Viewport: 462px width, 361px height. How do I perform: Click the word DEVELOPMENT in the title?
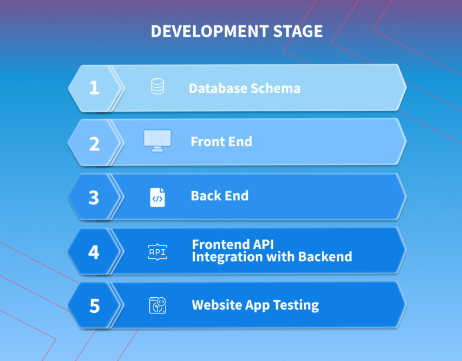pyautogui.click(x=209, y=31)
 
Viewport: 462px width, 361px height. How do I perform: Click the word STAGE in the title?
pyautogui.click(x=298, y=31)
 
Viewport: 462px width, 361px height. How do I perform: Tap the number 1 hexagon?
pyautogui.click(x=94, y=88)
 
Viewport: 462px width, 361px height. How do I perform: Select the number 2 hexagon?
pyautogui.click(x=94, y=143)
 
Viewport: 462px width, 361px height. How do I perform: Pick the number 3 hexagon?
pyautogui.click(x=94, y=197)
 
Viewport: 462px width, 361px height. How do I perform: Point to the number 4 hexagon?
pyautogui.click(x=94, y=251)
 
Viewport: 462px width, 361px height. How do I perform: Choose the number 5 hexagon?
pyautogui.click(x=94, y=305)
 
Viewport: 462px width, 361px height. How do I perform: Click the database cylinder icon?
pyautogui.click(x=158, y=86)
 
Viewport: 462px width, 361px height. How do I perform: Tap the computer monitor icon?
pyautogui.click(x=158, y=141)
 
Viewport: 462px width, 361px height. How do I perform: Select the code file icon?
pyautogui.click(x=158, y=197)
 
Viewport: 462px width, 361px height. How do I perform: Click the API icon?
pyautogui.click(x=158, y=252)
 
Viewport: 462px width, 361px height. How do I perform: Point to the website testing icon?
pyautogui.click(x=158, y=305)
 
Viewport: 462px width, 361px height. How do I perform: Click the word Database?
pyautogui.click(x=218, y=88)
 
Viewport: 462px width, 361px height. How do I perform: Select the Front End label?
pyautogui.click(x=221, y=142)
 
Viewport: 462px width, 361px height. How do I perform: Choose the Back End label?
pyautogui.click(x=220, y=196)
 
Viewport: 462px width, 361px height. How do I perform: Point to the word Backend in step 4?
pyautogui.click(x=325, y=257)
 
